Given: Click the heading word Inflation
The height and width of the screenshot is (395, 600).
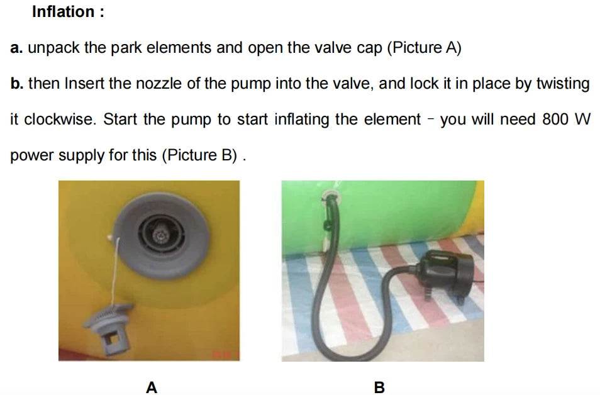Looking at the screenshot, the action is (x=63, y=12).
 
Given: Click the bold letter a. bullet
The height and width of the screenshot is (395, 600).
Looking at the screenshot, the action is (x=16, y=48).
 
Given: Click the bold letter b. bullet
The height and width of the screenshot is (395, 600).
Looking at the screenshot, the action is (x=17, y=84).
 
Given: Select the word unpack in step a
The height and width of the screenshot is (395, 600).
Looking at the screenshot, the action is (x=53, y=48).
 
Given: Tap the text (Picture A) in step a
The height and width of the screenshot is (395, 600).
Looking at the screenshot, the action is (x=425, y=48).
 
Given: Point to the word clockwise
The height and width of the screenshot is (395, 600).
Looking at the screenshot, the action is (x=59, y=119).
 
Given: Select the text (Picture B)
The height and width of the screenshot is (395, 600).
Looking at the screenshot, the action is (x=199, y=155).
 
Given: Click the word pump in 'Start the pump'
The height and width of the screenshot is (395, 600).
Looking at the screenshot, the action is (x=191, y=120).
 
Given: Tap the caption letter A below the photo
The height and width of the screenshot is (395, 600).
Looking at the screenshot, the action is (x=152, y=387).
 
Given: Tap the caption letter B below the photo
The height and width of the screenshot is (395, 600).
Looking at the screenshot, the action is (x=379, y=387).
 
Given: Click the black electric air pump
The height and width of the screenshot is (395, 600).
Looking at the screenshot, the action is (x=447, y=274).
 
